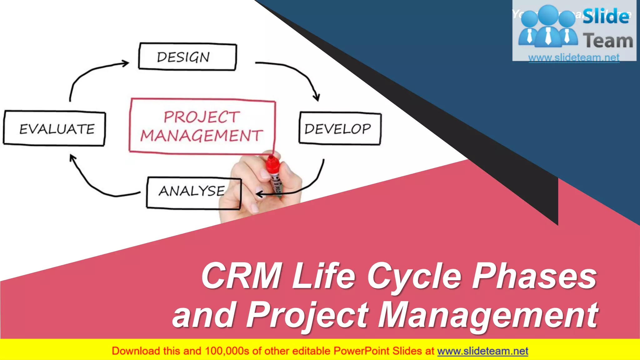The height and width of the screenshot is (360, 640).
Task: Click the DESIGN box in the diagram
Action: click(187, 57)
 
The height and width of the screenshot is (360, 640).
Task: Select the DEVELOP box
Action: click(340, 128)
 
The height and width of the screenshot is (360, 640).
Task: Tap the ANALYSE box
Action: click(193, 192)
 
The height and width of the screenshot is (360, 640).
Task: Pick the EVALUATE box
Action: click(55, 128)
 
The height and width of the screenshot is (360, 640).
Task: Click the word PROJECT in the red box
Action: click(202, 117)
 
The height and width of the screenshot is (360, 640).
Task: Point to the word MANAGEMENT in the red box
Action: click(202, 136)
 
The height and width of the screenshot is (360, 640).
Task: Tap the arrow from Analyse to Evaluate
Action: click(94, 184)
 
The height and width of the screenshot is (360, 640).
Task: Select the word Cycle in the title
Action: click(414, 277)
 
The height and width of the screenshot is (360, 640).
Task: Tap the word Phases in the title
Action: click(534, 276)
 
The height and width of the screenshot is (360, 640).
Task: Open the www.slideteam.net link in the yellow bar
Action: click(482, 351)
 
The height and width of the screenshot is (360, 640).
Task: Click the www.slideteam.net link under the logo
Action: click(574, 57)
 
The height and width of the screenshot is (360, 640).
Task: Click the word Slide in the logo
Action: click(606, 16)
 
